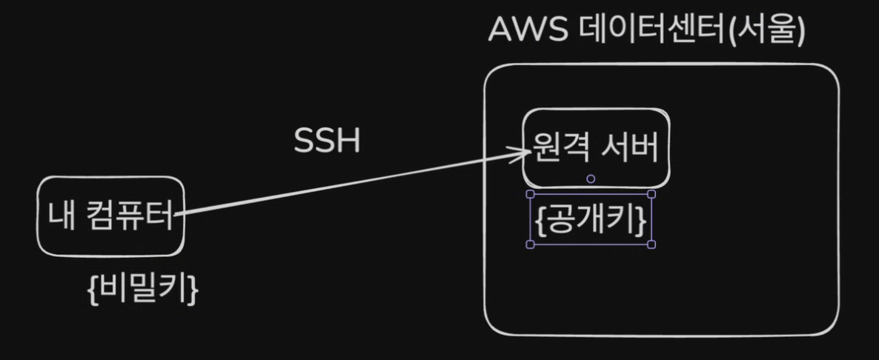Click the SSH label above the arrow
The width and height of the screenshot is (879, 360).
[x=327, y=141]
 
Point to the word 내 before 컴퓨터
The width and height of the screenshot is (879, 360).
[x=60, y=216]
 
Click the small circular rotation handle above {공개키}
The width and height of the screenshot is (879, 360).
[x=591, y=179]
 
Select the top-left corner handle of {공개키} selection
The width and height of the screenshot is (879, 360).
[x=531, y=194]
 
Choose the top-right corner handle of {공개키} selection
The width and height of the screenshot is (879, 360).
[x=651, y=194]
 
